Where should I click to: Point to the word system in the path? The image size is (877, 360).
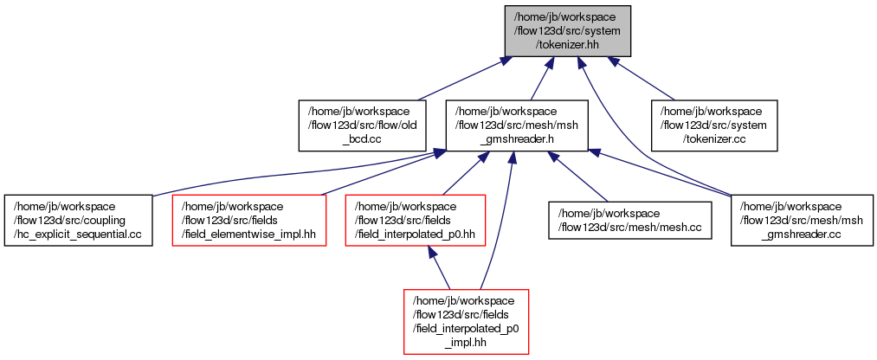coord(599,31)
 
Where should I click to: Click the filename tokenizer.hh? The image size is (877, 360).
coord(568,44)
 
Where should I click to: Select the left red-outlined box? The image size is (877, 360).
coord(248,220)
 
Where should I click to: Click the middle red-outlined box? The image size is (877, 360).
coord(415,220)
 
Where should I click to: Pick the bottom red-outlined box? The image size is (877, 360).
coord(466,321)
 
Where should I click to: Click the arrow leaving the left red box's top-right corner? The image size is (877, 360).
coord(381,173)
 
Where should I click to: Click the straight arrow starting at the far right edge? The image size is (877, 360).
coord(658,173)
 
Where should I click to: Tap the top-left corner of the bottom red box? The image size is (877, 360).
coord(404,290)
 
